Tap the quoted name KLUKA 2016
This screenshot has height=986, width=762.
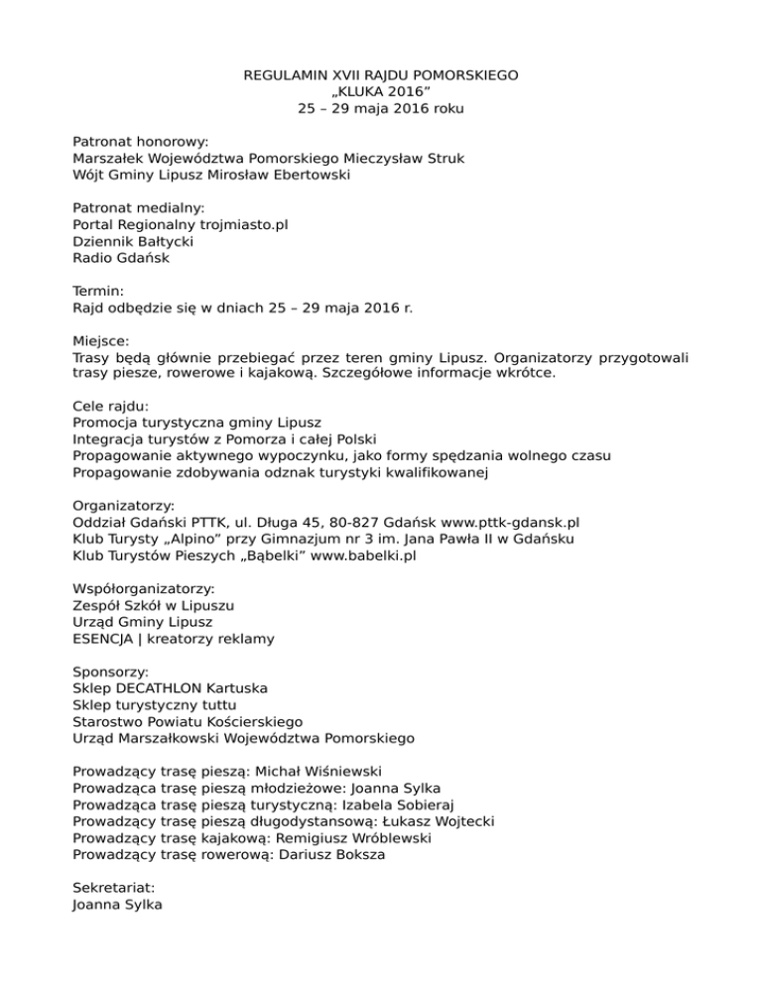pyautogui.click(x=381, y=92)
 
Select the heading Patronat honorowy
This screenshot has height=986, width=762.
pyautogui.click(x=139, y=142)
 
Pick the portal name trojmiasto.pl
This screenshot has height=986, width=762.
pyautogui.click(x=237, y=225)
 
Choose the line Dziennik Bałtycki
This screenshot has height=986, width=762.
pyautogui.click(x=133, y=242)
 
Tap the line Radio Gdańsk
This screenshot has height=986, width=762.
pyautogui.click(x=122, y=259)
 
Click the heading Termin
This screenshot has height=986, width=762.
pyautogui.click(x=98, y=292)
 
